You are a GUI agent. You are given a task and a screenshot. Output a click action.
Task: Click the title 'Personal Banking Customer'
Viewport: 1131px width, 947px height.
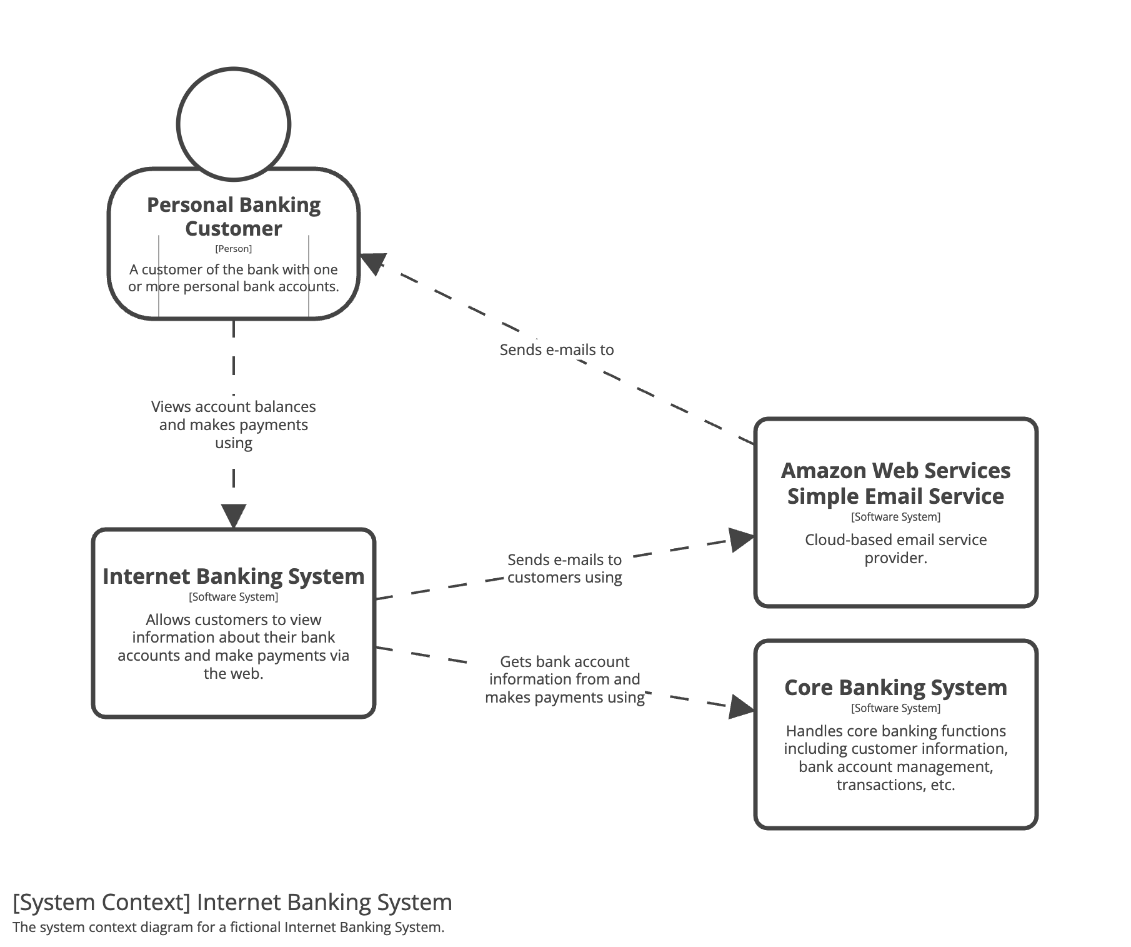click(234, 216)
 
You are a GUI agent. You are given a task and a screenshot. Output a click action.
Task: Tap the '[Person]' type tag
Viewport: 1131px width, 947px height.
click(234, 249)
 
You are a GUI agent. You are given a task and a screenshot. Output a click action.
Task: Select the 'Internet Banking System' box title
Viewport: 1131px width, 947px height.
click(234, 576)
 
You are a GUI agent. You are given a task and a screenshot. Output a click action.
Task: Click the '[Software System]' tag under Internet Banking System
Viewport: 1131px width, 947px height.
click(234, 597)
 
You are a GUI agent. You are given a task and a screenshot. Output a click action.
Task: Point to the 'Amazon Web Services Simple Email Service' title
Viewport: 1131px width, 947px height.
click(895, 483)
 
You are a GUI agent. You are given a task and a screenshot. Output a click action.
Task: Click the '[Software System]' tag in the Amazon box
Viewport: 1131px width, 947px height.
click(895, 517)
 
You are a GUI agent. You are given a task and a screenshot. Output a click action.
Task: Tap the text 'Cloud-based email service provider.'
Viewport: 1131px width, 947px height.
click(895, 549)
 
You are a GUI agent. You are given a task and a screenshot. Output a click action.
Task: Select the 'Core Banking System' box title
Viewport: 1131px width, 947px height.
click(895, 688)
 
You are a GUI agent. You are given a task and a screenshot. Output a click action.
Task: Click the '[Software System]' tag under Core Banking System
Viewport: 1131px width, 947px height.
click(895, 708)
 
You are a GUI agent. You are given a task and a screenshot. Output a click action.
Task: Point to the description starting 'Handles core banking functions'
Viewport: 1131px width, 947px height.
click(895, 758)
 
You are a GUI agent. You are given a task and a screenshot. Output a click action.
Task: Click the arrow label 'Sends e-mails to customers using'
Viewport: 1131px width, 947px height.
click(564, 568)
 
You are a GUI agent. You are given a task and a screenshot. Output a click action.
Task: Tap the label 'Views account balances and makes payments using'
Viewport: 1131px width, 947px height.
click(234, 424)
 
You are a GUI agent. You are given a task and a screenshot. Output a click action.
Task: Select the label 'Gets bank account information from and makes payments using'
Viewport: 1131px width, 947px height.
click(565, 679)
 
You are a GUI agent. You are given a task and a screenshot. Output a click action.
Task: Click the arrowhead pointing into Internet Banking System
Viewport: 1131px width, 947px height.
click(234, 516)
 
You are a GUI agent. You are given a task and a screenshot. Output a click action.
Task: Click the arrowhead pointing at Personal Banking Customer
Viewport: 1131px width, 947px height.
click(371, 263)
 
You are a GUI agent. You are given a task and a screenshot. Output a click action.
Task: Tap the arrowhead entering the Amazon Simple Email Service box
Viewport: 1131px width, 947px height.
click(742, 539)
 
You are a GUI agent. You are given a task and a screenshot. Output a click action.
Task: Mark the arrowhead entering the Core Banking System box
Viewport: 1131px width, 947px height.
click(742, 707)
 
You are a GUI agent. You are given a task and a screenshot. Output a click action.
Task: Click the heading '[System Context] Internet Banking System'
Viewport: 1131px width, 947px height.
click(232, 903)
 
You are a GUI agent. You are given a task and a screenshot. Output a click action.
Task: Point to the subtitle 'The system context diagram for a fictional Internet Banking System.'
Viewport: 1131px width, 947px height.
click(229, 927)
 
